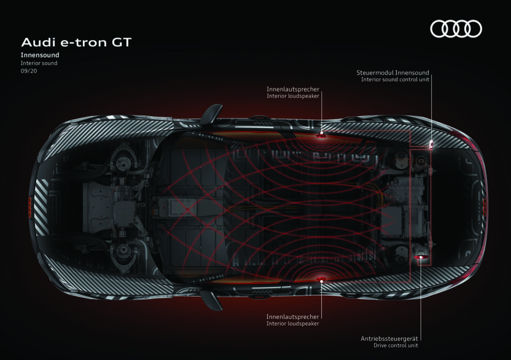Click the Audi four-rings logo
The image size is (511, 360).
tap(456, 29)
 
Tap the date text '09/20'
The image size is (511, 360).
tap(28, 71)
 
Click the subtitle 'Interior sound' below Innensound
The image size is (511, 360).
tap(39, 63)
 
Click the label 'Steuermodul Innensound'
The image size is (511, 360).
tap(392, 72)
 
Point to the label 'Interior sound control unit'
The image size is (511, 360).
tap(395, 79)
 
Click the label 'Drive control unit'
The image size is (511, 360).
tap(397, 345)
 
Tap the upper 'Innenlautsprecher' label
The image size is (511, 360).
tap(292, 89)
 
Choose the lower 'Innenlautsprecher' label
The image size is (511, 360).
tap(292, 316)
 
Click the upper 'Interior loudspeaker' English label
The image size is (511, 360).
tap(292, 96)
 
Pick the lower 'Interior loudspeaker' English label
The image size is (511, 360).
tap(292, 324)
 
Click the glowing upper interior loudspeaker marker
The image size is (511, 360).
tap(321, 133)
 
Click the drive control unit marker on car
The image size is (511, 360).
tap(420, 257)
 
